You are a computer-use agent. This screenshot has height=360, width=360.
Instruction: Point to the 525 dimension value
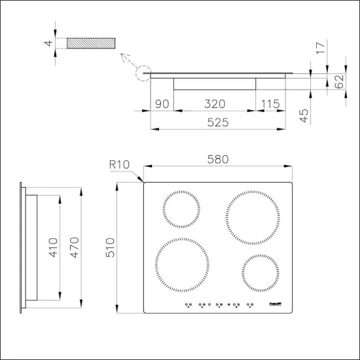coord(219,122)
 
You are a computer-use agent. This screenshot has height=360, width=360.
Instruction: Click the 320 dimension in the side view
coord(214,103)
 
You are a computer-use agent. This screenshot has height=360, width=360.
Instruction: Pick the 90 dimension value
coord(162,103)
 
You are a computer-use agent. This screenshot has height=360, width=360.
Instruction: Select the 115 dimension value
coord(271,103)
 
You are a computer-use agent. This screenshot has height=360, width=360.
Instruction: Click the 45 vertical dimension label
coord(304,116)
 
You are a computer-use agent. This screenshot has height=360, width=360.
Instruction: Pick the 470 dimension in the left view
coord(74,246)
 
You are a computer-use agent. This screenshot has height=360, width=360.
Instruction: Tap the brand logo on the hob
coord(276,304)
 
